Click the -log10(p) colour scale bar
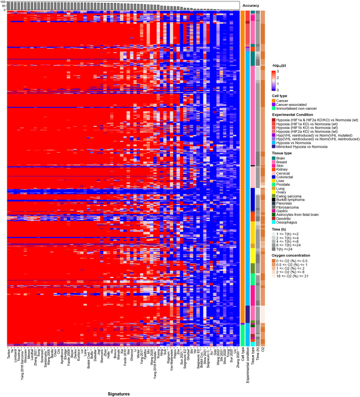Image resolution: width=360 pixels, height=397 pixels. [274, 81]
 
